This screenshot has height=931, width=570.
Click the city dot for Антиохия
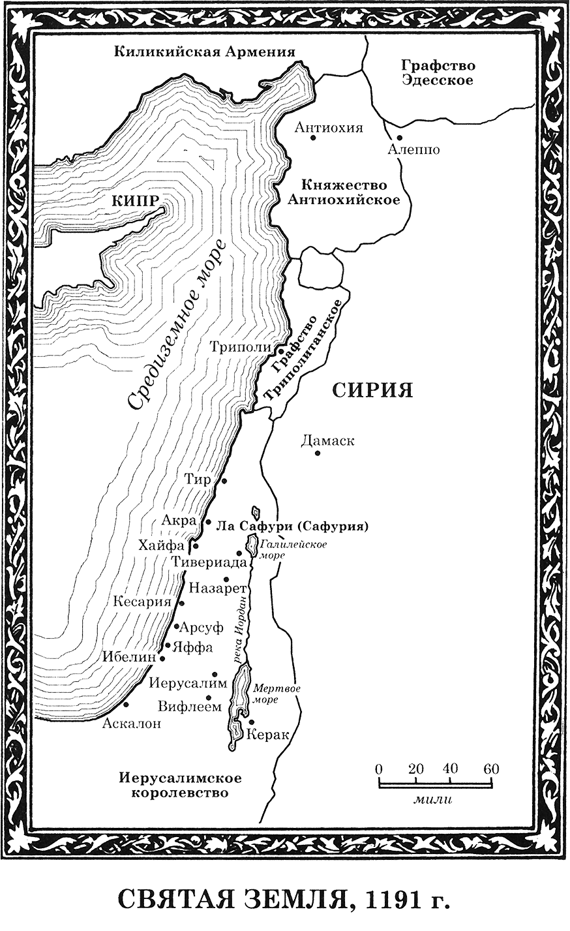(x=314, y=138)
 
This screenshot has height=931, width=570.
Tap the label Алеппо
(x=413, y=149)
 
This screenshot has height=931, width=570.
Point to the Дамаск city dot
(x=318, y=453)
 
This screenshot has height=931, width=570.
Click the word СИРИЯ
(x=372, y=391)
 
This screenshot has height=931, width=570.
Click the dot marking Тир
(x=224, y=481)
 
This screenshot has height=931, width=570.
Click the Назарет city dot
(x=226, y=579)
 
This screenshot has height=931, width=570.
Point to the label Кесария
(x=142, y=601)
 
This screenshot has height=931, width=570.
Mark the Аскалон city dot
(x=126, y=705)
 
